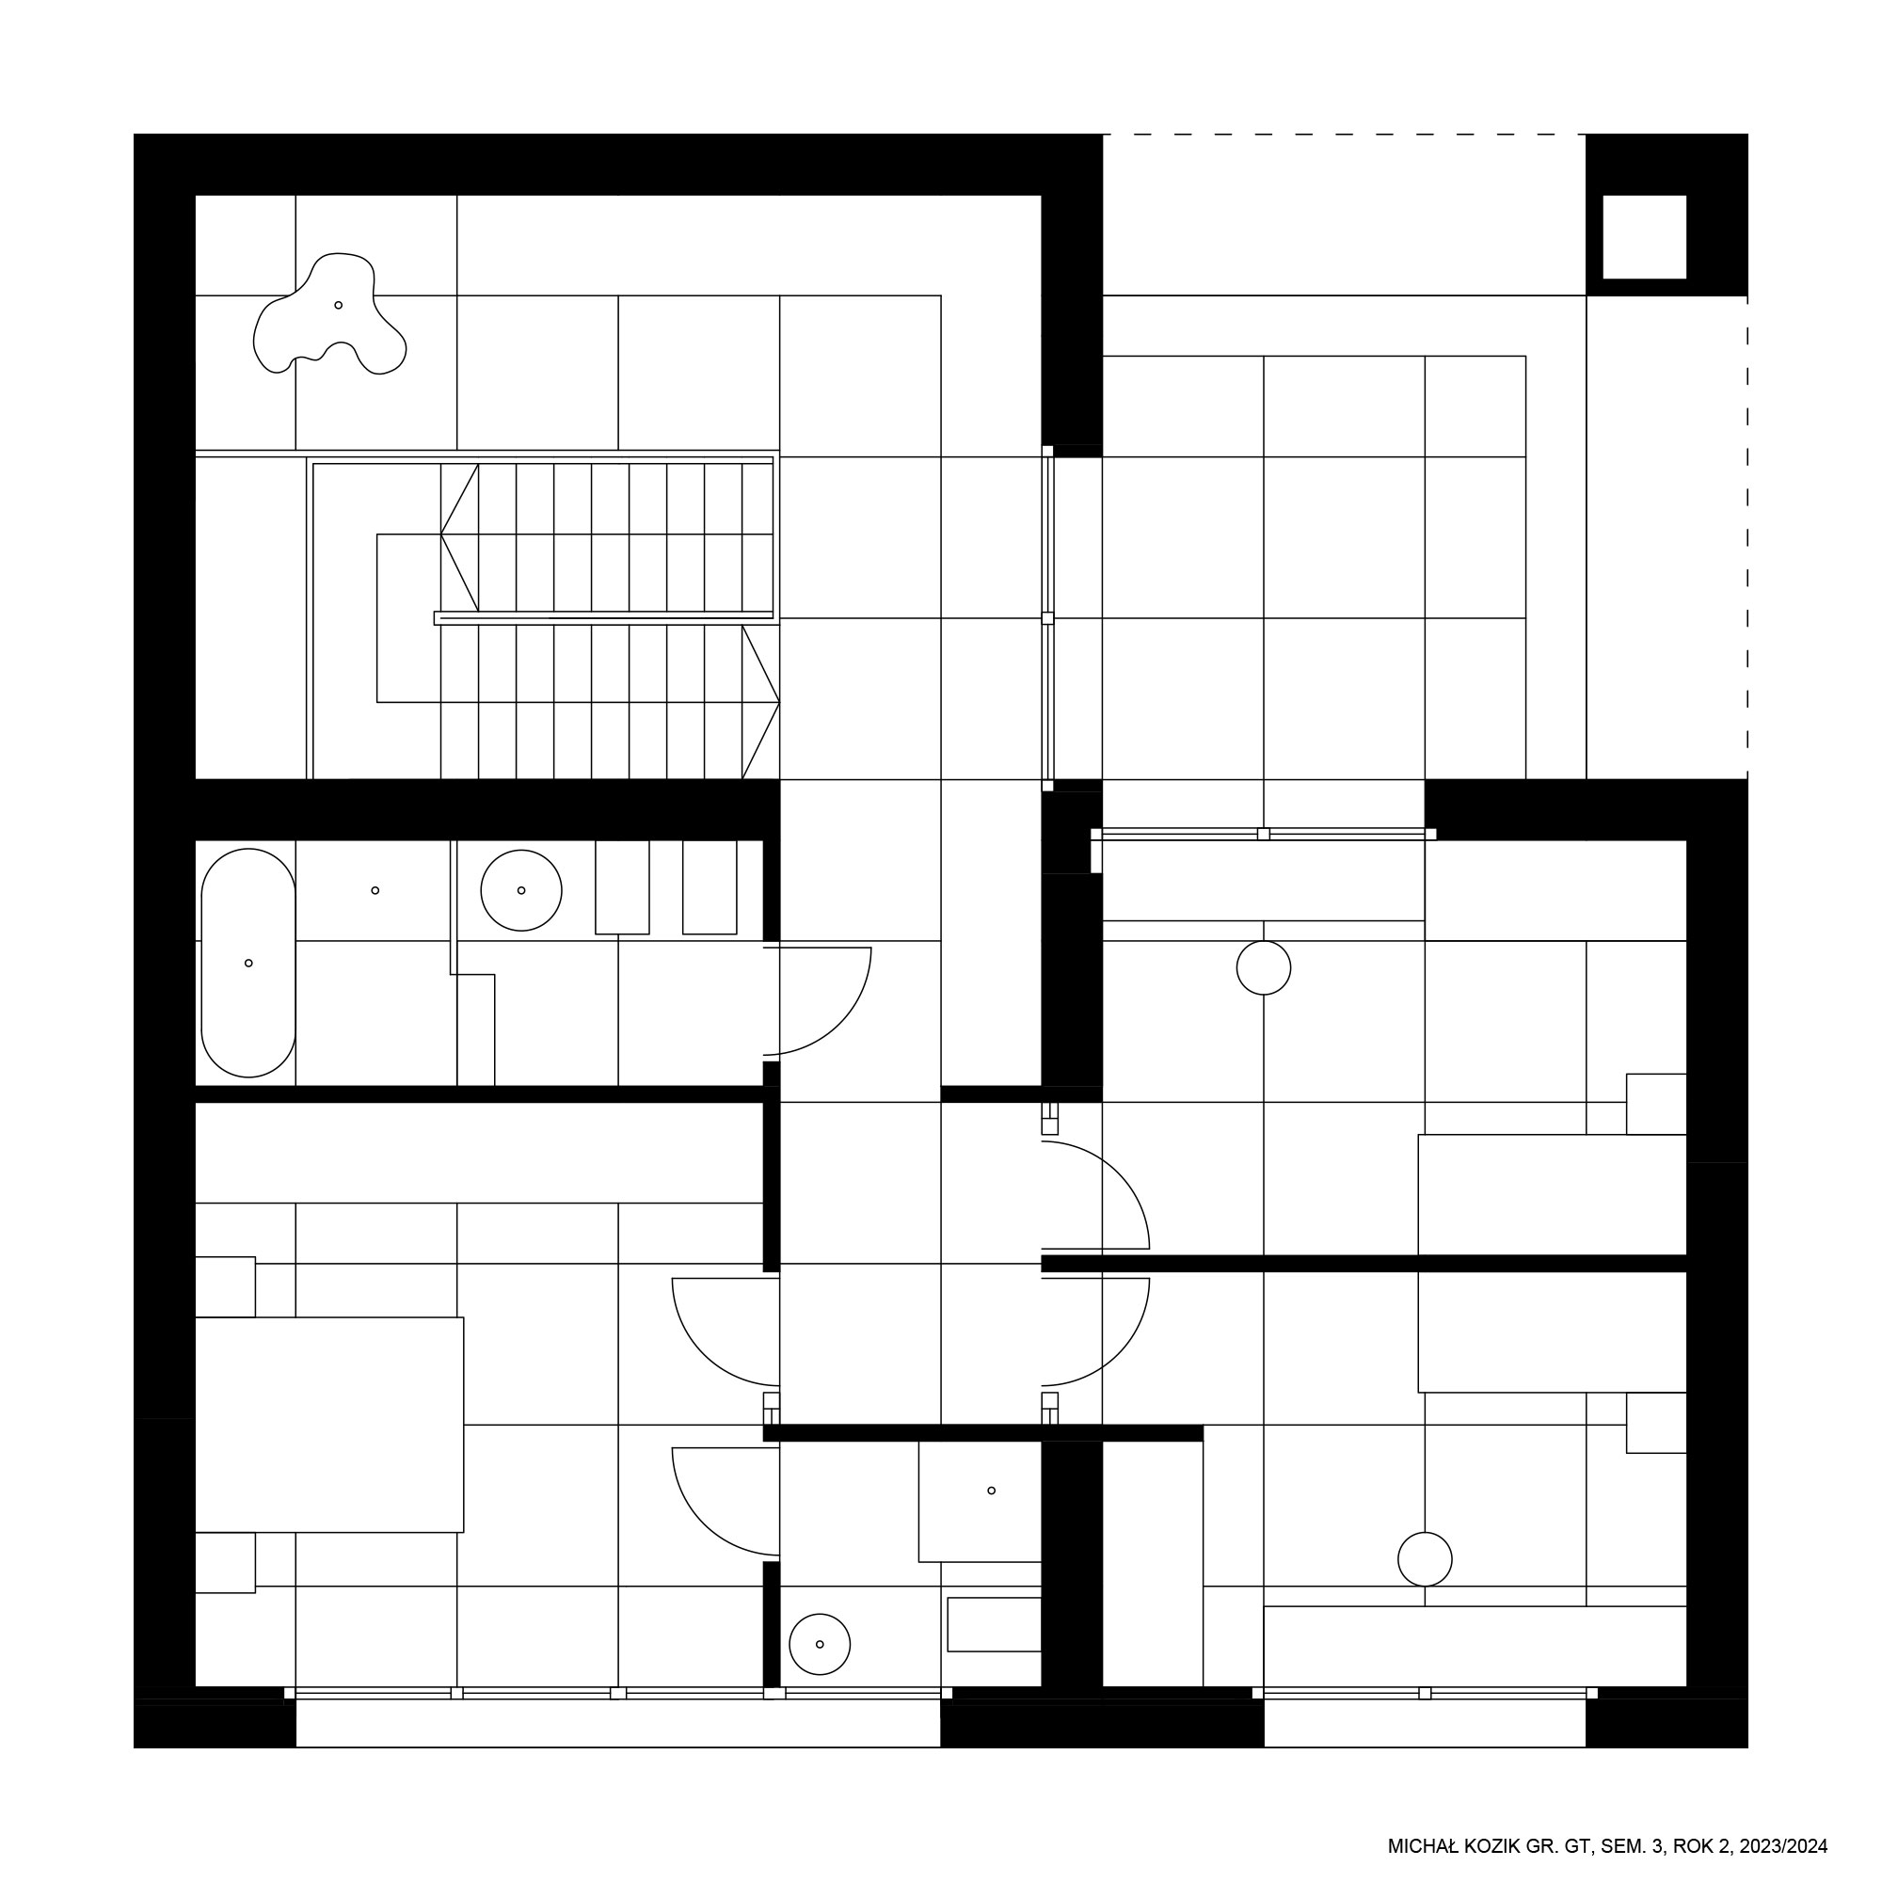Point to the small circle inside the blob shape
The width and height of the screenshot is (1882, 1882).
[338, 305]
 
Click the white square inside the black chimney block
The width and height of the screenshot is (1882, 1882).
[1644, 237]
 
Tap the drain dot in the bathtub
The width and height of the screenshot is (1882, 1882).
[248, 964]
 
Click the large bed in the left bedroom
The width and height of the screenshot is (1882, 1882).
[329, 1424]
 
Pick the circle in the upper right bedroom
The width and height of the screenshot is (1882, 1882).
[1264, 968]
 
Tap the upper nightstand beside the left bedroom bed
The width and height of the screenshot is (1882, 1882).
[225, 1286]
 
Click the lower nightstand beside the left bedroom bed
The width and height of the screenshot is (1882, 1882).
[225, 1562]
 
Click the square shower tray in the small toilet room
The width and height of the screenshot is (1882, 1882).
[980, 1501]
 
